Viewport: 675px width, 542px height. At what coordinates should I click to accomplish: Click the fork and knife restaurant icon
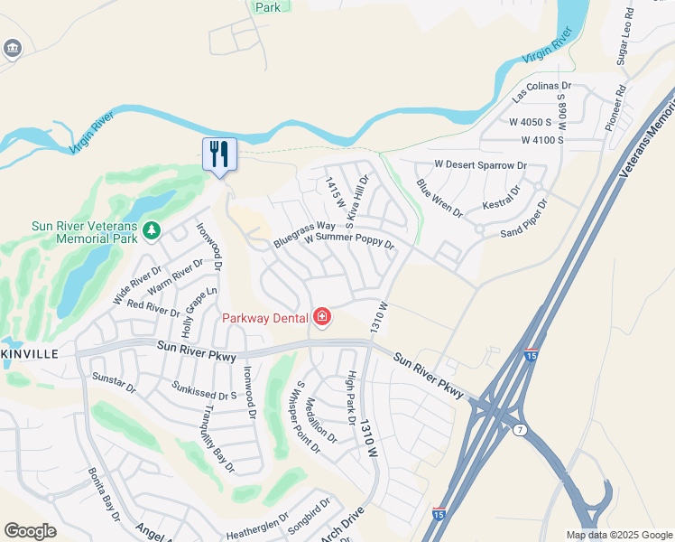point(219,154)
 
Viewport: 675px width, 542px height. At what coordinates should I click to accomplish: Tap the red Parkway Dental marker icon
point(322,316)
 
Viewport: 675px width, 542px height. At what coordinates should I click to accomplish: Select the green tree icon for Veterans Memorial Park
point(151,232)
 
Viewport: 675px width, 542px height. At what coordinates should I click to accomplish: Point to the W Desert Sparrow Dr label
point(480,165)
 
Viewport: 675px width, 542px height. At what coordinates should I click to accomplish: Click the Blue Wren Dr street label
point(439,199)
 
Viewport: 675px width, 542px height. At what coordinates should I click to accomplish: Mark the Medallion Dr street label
point(321,420)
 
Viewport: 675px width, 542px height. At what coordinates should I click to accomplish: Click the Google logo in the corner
point(31,531)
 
